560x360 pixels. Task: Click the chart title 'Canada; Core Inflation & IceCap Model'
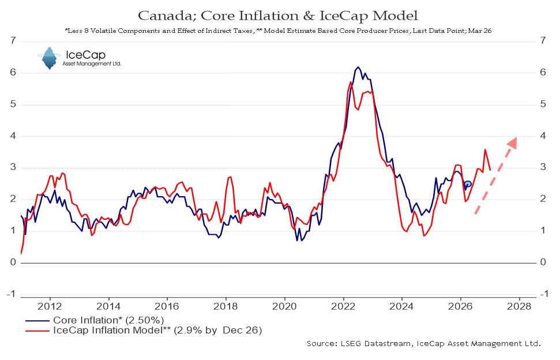pos(277,16)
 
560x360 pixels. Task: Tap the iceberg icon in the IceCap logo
pos(49,58)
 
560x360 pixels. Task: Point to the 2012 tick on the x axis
pos(50,306)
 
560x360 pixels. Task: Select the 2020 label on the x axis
pos(284,306)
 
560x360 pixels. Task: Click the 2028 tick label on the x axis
pos(519,306)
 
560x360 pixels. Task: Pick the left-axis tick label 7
pos(13,41)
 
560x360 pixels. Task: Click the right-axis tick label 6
pos(543,73)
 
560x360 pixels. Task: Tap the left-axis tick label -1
pos(11,294)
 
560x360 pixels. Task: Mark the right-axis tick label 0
pos(543,262)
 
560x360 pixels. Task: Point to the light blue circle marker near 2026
pos(468,184)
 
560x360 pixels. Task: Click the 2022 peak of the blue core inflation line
pos(358,67)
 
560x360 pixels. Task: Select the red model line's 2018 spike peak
pos(230,177)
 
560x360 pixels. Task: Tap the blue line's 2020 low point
pos(297,241)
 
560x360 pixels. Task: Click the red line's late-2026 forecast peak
pos(485,149)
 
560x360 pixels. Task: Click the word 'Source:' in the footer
pos(322,344)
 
